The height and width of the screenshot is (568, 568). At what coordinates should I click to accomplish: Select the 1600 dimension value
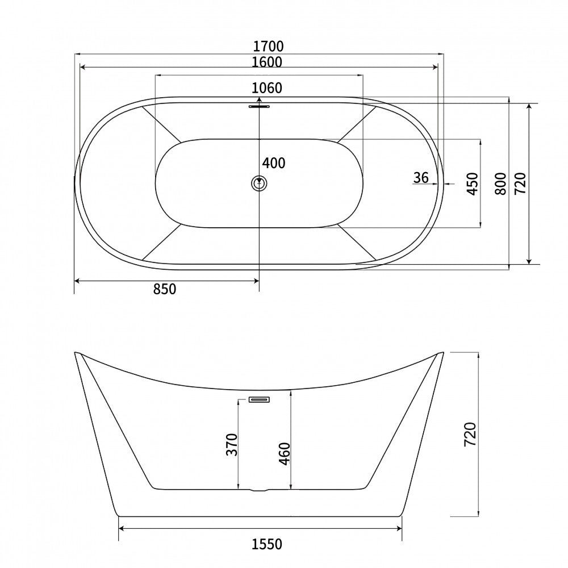pos(267,62)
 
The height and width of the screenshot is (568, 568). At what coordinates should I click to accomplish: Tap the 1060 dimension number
pos(267,88)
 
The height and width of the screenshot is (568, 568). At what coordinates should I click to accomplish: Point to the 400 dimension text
pos(274,164)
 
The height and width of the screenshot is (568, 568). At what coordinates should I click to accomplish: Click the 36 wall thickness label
pos(421,178)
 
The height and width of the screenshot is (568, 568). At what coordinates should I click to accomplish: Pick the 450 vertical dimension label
pos(472,183)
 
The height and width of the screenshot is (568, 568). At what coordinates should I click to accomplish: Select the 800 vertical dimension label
pos(500,183)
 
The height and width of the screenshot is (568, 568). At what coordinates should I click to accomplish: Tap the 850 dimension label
pos(165,289)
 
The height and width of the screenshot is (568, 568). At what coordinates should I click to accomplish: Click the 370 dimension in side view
pos(231,444)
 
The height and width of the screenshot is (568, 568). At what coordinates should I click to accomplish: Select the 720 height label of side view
pos(470,435)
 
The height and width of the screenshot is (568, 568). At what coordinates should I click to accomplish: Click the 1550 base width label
pos(266,545)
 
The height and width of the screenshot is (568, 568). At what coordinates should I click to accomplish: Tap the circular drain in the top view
pos(259,183)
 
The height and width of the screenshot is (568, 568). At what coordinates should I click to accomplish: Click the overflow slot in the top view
pos(259,105)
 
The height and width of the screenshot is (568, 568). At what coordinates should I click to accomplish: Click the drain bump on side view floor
pos(259,490)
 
